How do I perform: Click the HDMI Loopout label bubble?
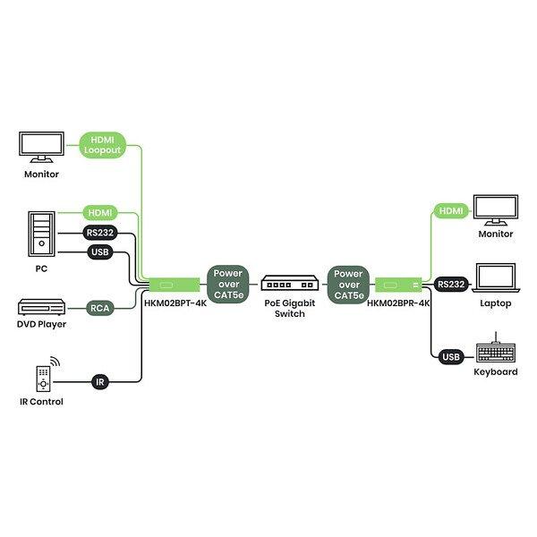click(x=102, y=145)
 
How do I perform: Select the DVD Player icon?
click(x=41, y=307)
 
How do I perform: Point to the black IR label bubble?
click(x=100, y=381)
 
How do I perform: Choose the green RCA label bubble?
click(x=99, y=308)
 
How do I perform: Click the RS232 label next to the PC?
click(x=99, y=234)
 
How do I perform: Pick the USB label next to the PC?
click(x=99, y=252)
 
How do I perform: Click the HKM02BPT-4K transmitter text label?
click(x=176, y=303)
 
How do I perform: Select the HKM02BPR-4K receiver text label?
click(x=399, y=303)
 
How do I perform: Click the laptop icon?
click(x=495, y=279)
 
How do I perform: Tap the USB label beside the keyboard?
click(x=451, y=357)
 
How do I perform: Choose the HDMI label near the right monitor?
click(x=451, y=210)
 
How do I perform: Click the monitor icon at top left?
click(x=41, y=147)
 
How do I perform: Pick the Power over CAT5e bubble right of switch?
click(x=348, y=285)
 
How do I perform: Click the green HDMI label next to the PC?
click(x=99, y=213)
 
